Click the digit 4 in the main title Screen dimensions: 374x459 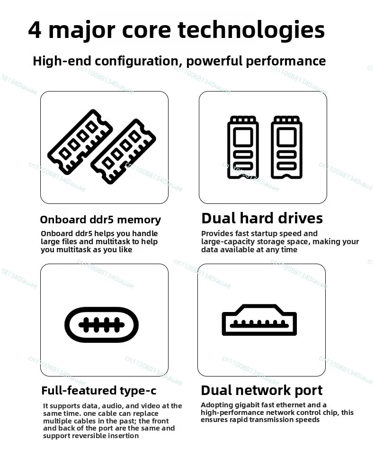coord(35,30)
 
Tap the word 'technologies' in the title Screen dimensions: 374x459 coord(251,30)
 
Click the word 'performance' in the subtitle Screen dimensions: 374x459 coord(286,62)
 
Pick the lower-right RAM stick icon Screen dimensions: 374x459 coord(123,151)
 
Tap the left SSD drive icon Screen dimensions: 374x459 coord(243,147)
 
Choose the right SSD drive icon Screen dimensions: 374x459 coord(286,147)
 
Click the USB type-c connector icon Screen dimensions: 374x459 coord(101,325)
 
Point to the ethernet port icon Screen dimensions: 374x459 coord(259,320)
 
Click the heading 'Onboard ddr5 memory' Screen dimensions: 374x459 coord(100,220)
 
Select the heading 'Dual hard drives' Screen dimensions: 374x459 coord(262,219)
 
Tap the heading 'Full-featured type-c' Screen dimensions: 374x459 coord(99,391)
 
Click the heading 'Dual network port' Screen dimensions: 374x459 coord(262,391)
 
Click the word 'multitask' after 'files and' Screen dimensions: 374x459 coord(113,241)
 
